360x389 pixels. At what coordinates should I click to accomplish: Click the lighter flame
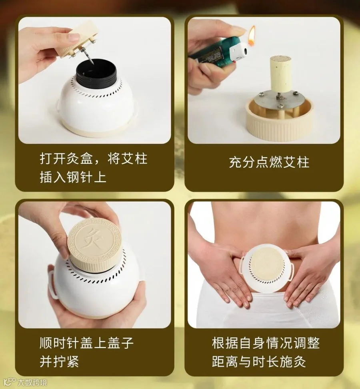252,36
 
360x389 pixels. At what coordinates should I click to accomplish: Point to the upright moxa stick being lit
280,74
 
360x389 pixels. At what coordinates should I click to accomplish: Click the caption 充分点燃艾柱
269,162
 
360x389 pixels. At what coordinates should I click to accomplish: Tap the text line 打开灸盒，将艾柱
94,158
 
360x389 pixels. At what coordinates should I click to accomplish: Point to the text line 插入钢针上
73,177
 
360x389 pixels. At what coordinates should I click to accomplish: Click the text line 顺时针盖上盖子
87,343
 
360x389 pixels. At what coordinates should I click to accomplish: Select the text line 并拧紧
59,361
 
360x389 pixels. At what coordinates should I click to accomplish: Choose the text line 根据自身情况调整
266,343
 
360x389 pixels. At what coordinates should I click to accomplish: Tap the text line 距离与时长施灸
259,361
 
